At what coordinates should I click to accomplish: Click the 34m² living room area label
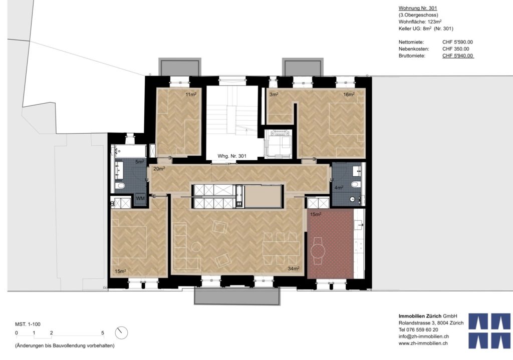(294, 269)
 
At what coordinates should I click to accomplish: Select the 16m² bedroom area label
(349, 94)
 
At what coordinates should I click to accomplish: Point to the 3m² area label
(274, 94)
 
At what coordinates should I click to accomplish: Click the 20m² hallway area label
(159, 169)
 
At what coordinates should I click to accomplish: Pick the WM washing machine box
(141, 199)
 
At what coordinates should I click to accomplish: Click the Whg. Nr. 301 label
(231, 156)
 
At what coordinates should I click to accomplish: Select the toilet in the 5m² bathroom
(120, 186)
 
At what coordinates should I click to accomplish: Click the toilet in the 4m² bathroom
(355, 185)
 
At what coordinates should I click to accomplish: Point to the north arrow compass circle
(121, 332)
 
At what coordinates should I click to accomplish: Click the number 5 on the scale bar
(103, 332)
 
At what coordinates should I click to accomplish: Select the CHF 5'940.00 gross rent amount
(458, 56)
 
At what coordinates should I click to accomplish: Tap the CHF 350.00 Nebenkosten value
(455, 49)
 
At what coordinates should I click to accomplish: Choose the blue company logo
(489, 330)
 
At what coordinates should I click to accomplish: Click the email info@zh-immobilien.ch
(423, 336)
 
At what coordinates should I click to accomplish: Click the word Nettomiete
(412, 42)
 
